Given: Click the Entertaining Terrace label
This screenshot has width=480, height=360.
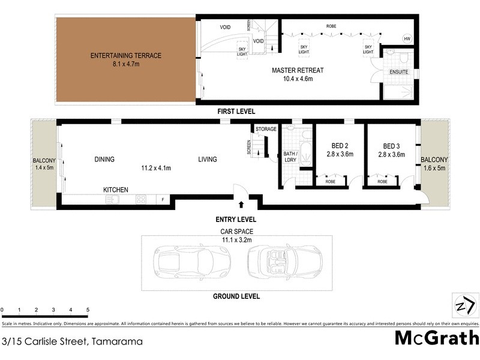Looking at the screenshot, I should [126, 56].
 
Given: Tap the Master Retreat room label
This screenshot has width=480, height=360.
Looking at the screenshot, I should [298, 70].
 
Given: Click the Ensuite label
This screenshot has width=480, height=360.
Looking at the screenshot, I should [399, 72].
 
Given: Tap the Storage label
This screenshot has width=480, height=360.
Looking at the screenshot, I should [266, 129].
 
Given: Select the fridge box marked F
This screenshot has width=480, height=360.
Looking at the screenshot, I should [161, 200].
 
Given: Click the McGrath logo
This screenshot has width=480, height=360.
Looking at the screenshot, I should [436, 338].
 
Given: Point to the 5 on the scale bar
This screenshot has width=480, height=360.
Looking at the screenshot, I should [88, 310].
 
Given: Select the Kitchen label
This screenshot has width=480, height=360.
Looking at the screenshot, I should [116, 190].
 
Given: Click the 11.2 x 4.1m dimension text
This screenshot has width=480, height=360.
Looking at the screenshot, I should [156, 168].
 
